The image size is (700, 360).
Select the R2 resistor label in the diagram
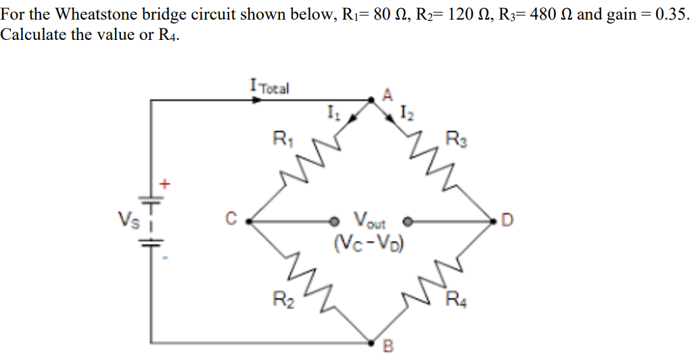pos(281,298)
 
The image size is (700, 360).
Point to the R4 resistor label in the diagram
pos(457,298)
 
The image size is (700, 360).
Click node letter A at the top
pos(388,94)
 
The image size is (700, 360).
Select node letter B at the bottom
pos(388,347)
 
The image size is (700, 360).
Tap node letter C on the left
pos(230,219)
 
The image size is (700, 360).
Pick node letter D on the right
pos(508,219)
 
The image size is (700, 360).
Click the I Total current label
pos(269,87)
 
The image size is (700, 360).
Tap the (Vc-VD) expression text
pos(369,240)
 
